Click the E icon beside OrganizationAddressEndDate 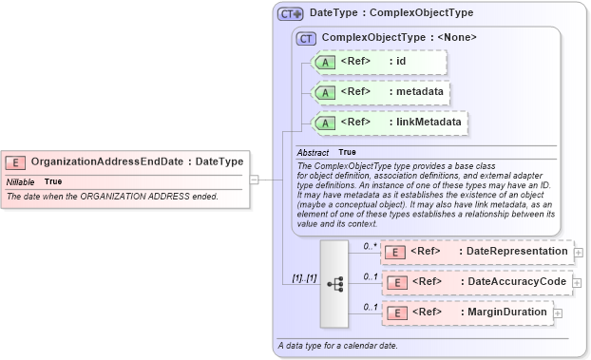click(16, 162)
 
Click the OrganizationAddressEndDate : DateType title click(137, 162)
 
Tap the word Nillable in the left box click(21, 181)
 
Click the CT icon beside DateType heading click(290, 14)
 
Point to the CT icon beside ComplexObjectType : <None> click(306, 38)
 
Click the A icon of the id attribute click(325, 63)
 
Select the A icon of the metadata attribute click(325, 93)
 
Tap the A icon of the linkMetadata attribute click(325, 123)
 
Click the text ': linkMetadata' click(425, 123)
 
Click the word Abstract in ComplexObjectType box click(313, 153)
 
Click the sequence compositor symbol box click(335, 283)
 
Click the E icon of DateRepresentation click(396, 252)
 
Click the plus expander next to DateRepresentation click(579, 253)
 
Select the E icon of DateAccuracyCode click(396, 282)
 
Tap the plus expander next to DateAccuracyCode click(579, 283)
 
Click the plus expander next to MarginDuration click(558, 313)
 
